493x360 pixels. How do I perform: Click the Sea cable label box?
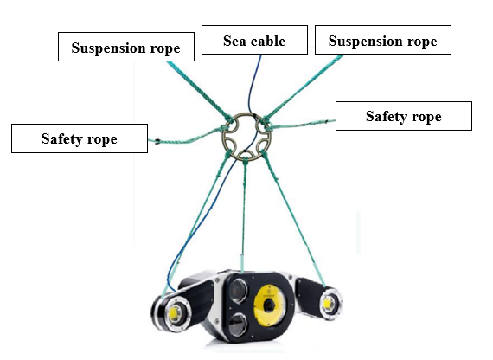coord(254,40)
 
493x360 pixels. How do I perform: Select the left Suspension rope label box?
coord(126,47)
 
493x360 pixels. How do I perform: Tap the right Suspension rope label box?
coord(383,40)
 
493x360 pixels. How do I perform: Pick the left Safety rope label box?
coord(80,138)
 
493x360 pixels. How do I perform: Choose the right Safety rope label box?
coord(404,116)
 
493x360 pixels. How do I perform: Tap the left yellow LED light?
coord(173,312)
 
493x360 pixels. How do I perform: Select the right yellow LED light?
coord(327,304)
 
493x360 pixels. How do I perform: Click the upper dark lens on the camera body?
coord(237,291)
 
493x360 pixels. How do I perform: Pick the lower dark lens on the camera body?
coord(237,325)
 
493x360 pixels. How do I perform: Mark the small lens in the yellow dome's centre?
coord(269,305)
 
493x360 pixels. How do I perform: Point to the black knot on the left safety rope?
coord(157,142)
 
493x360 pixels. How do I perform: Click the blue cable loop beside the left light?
coord(171,281)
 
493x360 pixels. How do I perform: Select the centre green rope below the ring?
coord(244,214)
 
